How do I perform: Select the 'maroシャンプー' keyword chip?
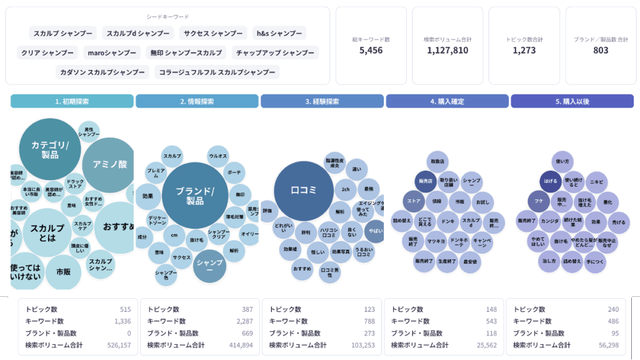point(112,52)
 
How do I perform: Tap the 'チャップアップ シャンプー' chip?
point(275,52)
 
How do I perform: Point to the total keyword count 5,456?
point(371,50)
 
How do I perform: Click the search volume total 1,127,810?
point(447,50)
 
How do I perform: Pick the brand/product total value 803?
point(601,50)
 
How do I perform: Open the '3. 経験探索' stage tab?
point(322,101)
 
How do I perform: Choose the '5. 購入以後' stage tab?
point(572,101)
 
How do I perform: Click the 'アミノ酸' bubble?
point(110,164)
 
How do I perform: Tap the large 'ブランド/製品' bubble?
point(194,196)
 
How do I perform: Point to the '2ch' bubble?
point(345,189)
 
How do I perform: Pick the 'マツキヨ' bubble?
point(436,241)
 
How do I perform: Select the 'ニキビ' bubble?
point(596,182)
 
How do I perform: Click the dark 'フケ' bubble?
point(538,201)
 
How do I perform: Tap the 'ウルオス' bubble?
point(218,156)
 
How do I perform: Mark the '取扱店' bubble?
point(437,161)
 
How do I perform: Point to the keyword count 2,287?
point(241,321)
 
